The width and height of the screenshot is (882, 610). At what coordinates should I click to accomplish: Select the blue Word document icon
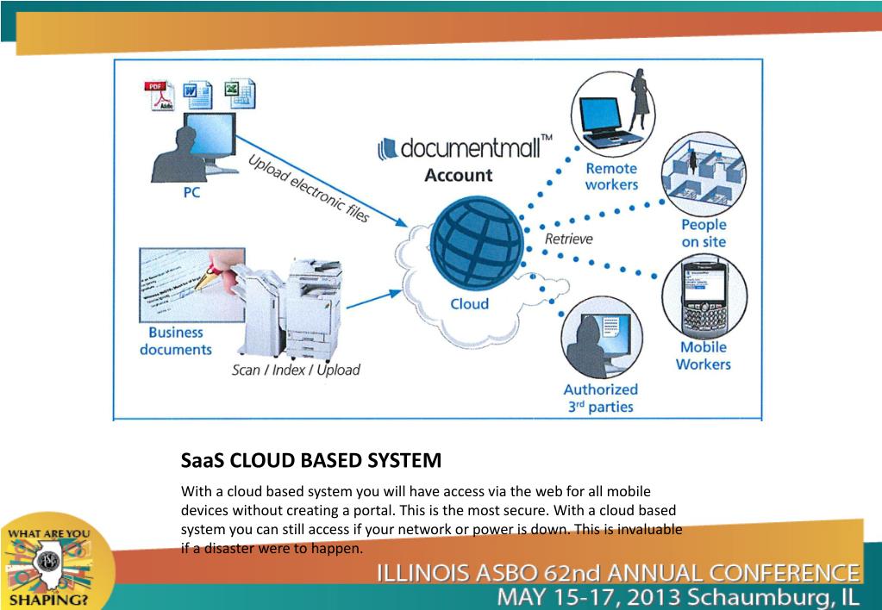click(x=197, y=95)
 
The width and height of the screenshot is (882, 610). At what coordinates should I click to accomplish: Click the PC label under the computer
click(x=191, y=193)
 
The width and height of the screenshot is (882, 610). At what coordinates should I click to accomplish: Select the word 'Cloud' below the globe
click(x=469, y=303)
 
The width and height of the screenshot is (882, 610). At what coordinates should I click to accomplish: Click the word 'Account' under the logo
click(x=458, y=175)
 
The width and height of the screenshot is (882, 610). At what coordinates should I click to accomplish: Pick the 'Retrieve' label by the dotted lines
click(x=568, y=239)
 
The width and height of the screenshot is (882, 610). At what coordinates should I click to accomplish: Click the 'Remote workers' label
click(x=610, y=177)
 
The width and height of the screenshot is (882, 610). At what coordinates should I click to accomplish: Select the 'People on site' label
click(x=704, y=233)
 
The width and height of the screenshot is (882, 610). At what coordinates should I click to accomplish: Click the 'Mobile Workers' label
click(x=703, y=356)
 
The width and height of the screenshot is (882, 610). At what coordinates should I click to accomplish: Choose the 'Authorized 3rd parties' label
click(x=600, y=398)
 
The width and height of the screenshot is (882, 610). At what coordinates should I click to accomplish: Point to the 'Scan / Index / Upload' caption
click(x=296, y=370)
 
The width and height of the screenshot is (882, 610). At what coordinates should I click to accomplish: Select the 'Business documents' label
click(x=176, y=341)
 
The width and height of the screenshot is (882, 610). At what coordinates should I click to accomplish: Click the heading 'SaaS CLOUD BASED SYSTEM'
click(x=311, y=460)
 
